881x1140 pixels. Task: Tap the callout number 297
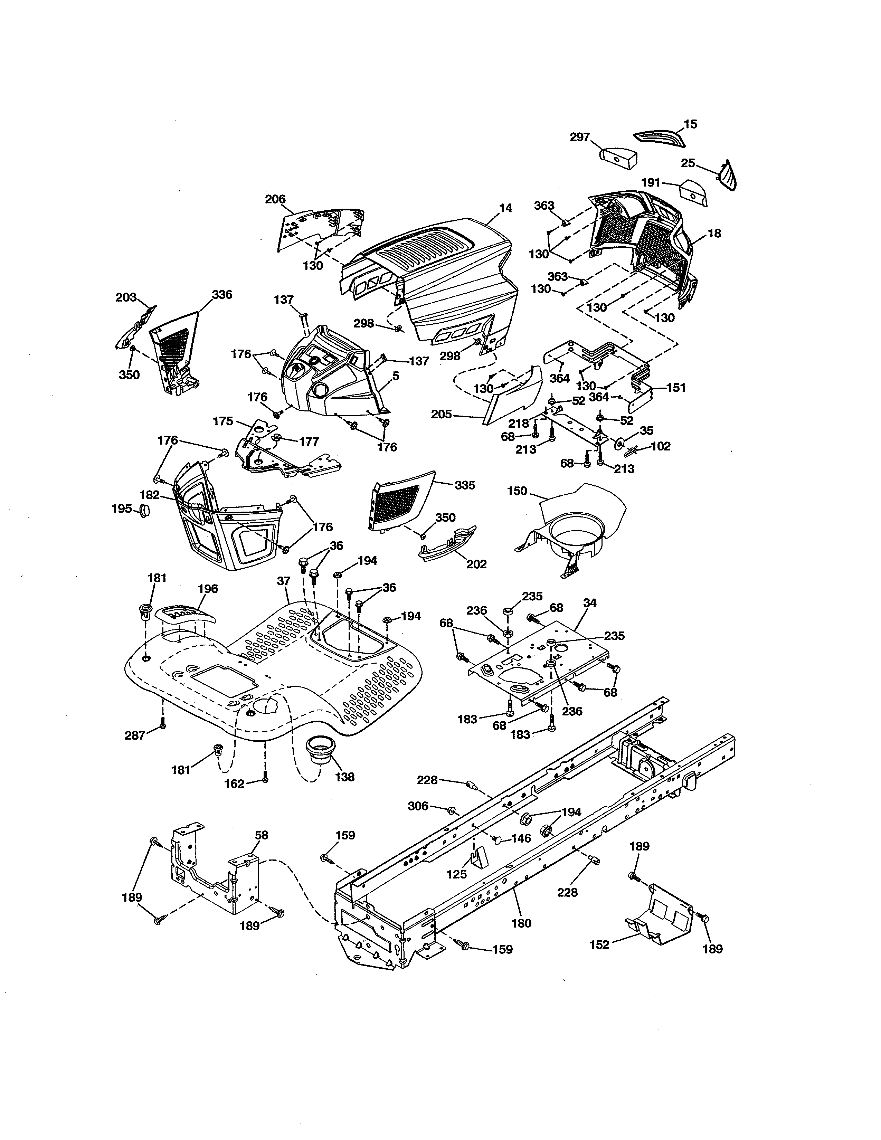coord(579,137)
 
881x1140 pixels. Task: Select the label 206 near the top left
coord(275,199)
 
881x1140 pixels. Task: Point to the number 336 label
coord(222,294)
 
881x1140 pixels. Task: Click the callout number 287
coord(135,736)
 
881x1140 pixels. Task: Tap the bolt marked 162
coord(265,794)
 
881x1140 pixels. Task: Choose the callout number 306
coord(418,806)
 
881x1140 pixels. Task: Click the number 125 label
coord(457,874)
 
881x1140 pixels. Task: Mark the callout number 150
coord(517,491)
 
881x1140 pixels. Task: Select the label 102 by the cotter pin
coord(660,446)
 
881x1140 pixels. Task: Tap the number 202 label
coord(476,564)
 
